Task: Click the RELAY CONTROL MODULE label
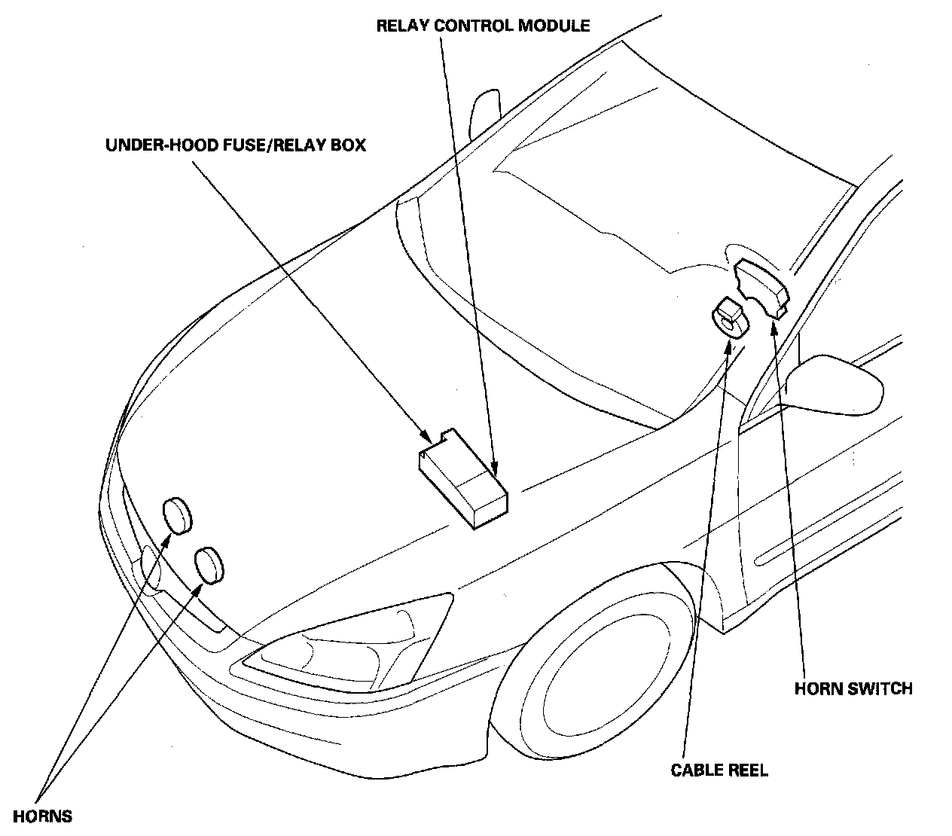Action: click(483, 26)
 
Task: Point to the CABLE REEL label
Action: click(719, 770)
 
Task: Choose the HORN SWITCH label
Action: click(853, 688)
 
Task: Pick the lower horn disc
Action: click(210, 565)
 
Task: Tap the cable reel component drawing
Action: click(730, 317)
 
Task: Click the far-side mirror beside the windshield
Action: click(484, 111)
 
